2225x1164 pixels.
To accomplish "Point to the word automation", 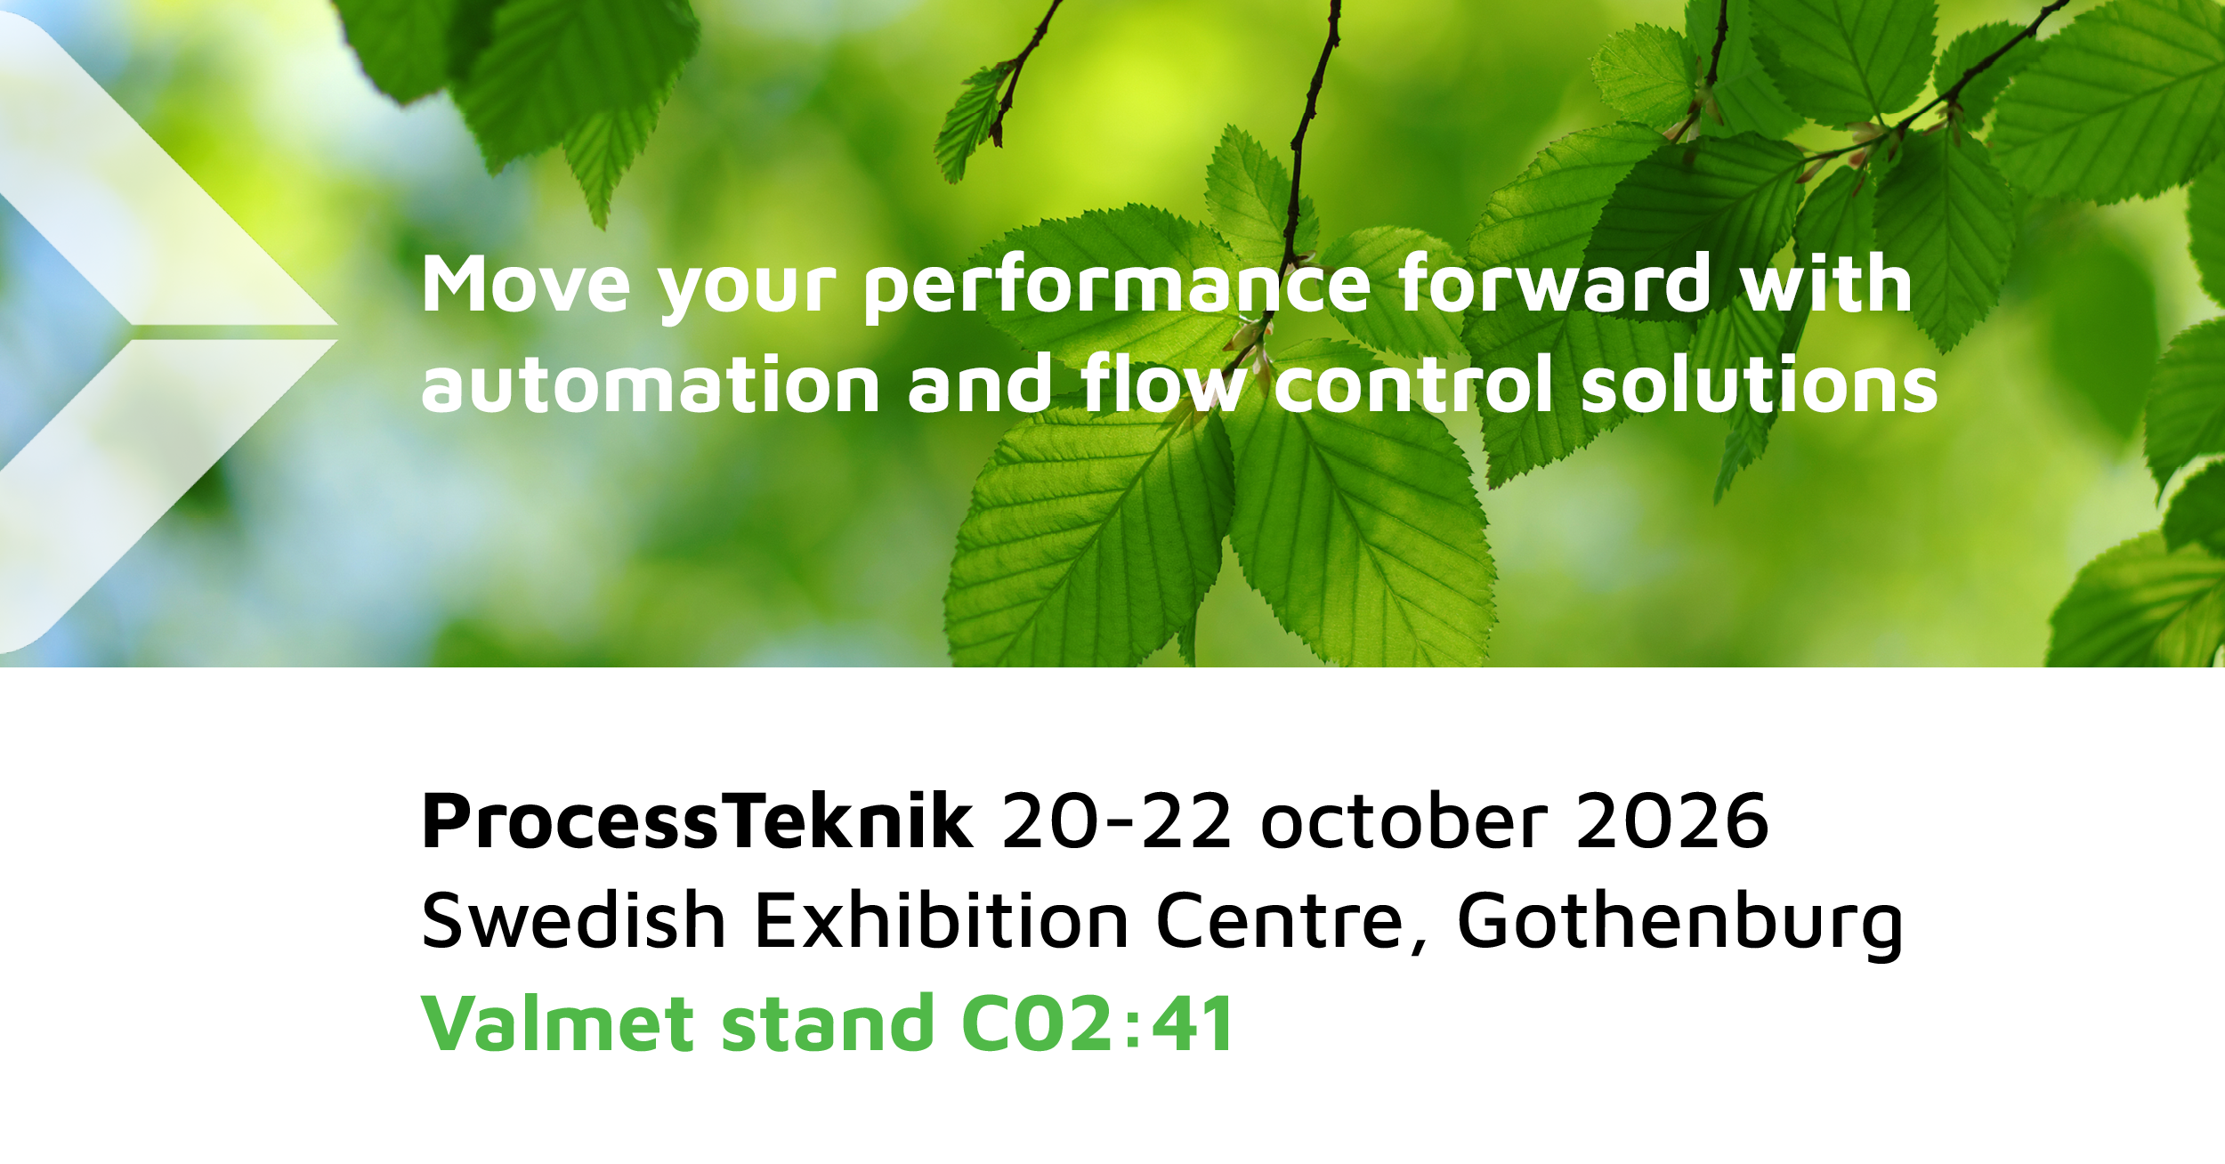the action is click(x=651, y=384).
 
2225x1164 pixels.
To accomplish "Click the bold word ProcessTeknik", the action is click(x=698, y=821).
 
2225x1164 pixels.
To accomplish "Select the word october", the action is click(x=1404, y=820).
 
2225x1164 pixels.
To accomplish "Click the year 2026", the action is click(x=1672, y=821).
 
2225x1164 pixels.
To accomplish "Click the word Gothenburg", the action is click(x=1679, y=926).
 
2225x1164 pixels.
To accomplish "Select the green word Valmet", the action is click(x=557, y=1023).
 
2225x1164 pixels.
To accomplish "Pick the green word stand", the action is click(x=827, y=1023).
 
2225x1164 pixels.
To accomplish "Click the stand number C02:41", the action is click(x=1096, y=1023).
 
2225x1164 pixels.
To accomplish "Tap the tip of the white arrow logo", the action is click(x=337, y=331).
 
